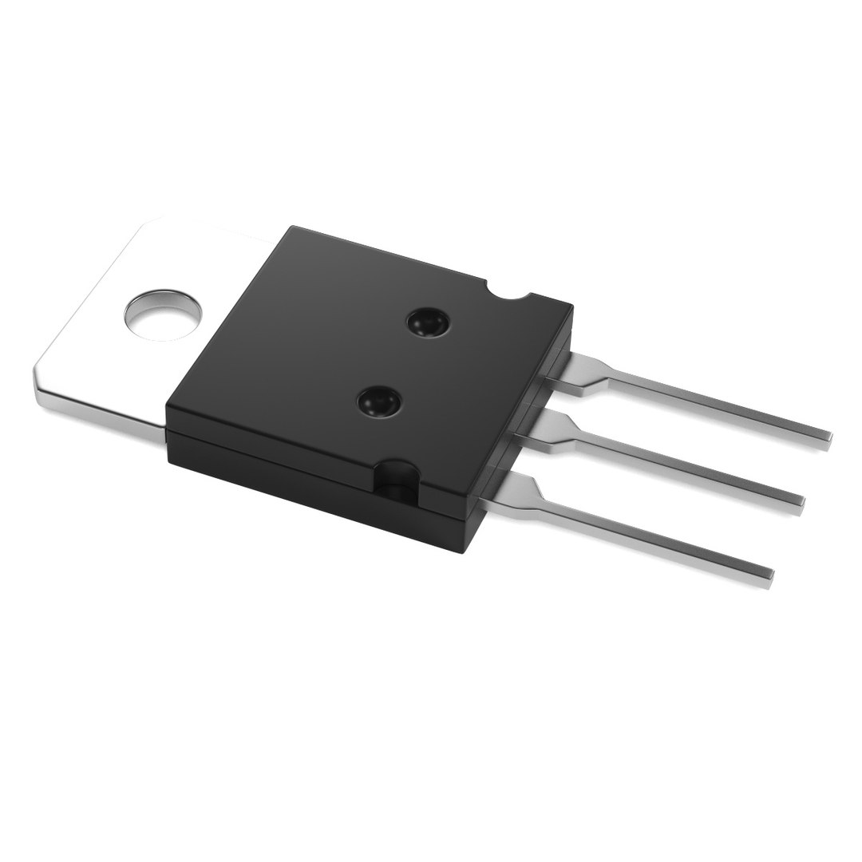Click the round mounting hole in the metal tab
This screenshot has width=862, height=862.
(164, 314)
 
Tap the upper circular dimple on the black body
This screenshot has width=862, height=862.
(427, 323)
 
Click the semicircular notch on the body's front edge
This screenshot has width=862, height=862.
(396, 481)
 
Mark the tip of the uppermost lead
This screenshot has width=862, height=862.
(828, 437)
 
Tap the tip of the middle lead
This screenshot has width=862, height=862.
(800, 502)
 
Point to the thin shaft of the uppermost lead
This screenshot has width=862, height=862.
(718, 407)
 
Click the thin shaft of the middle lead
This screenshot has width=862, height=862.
(686, 471)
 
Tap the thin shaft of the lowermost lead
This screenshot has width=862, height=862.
(654, 536)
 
